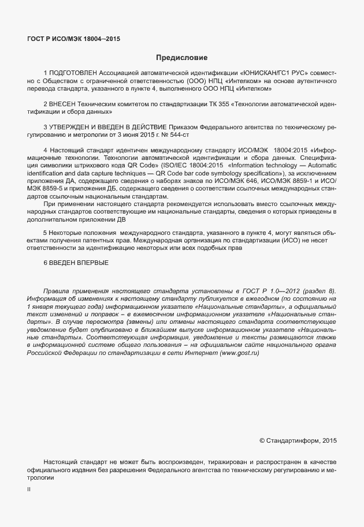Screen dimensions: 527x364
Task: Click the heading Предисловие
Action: (181, 58)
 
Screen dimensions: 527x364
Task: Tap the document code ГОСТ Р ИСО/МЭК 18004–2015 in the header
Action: (74, 39)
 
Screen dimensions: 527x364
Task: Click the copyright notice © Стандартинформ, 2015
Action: (298, 440)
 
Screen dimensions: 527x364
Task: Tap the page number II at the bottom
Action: (29, 489)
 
